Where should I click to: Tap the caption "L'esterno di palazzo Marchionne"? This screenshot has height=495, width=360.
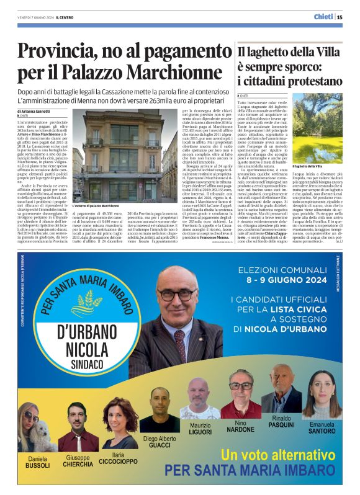pos(96,205)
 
